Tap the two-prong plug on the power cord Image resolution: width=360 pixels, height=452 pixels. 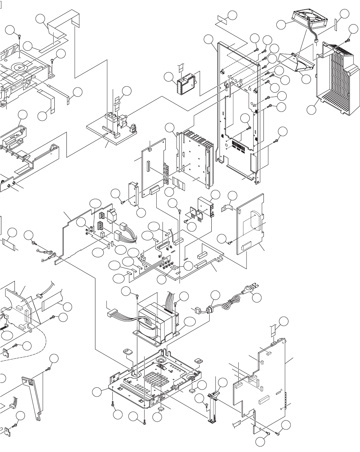[248, 288]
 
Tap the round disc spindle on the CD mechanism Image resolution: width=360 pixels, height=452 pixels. [19, 65]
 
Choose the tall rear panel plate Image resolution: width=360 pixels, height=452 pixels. [239, 111]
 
